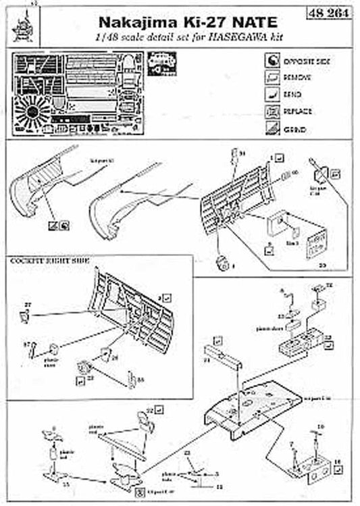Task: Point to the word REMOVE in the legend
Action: (x=297, y=78)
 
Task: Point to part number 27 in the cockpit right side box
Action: (x=28, y=306)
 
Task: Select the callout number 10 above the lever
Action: (x=321, y=426)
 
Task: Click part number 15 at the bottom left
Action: (x=66, y=485)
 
